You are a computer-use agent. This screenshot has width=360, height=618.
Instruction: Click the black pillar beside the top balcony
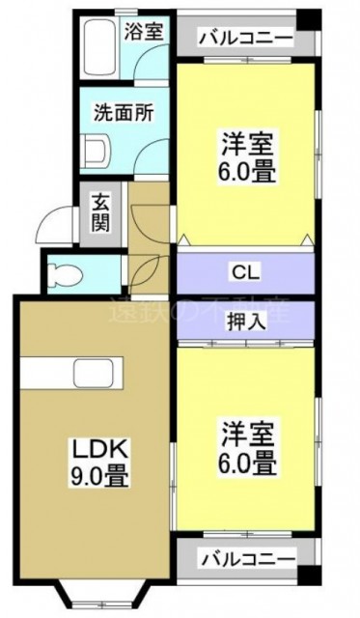click(307, 17)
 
